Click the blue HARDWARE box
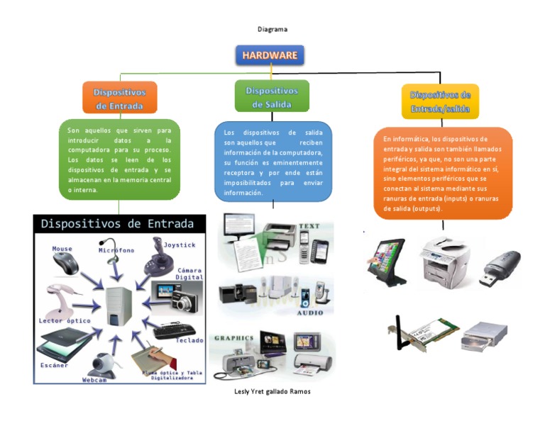[270, 55]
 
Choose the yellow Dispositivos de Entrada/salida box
[440, 101]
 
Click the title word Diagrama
[272, 29]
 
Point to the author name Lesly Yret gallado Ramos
[272, 391]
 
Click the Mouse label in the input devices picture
[62, 249]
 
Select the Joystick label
[179, 245]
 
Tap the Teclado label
[189, 340]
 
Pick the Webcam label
[94, 380]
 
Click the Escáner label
[54, 366]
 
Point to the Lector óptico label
[64, 320]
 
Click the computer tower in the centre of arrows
[119, 305]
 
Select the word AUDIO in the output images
[309, 312]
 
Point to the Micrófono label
[116, 250]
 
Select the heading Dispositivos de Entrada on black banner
[117, 224]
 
